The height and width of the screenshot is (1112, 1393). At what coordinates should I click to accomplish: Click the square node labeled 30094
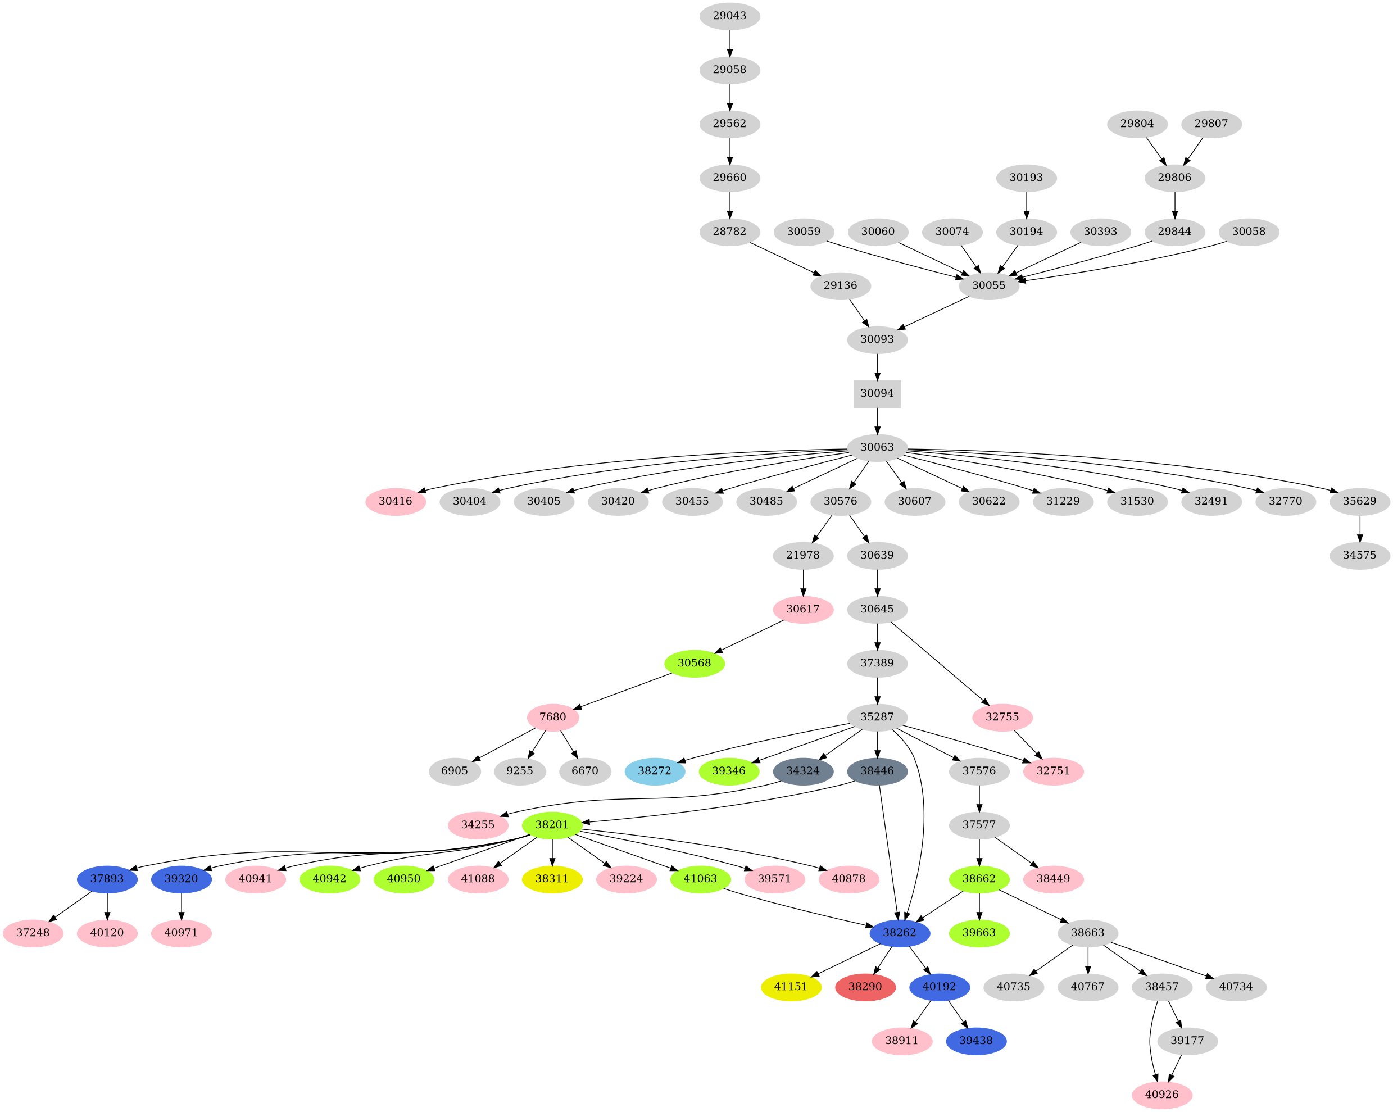click(877, 393)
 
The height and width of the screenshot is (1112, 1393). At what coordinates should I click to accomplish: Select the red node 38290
click(865, 987)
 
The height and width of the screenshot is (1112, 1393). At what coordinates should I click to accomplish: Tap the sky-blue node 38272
click(655, 771)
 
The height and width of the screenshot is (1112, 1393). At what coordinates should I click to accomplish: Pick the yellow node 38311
click(552, 879)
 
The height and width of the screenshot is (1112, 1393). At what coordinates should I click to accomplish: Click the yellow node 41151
click(791, 987)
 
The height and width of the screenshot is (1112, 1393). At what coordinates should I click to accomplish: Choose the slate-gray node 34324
click(802, 771)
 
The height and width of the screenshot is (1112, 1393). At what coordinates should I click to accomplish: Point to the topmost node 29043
click(729, 16)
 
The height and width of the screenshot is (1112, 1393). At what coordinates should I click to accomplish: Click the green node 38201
click(552, 824)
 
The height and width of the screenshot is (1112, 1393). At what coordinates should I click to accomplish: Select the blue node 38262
click(900, 933)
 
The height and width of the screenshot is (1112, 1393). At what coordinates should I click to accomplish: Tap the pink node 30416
click(396, 501)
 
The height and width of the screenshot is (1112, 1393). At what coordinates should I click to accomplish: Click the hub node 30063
click(877, 447)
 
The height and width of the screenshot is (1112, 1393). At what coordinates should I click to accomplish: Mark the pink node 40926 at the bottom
click(1161, 1095)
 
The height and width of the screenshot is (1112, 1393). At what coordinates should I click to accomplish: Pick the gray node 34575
click(1360, 555)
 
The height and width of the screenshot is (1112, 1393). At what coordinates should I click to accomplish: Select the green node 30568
click(694, 663)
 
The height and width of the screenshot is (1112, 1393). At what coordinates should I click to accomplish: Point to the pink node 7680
click(552, 716)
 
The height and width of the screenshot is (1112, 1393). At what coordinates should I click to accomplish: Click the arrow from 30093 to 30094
click(877, 366)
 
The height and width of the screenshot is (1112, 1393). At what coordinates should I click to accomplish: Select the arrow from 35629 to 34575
click(1360, 528)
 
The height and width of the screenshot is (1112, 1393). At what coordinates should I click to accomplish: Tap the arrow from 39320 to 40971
click(182, 906)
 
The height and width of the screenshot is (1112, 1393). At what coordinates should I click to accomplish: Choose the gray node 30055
click(988, 285)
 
